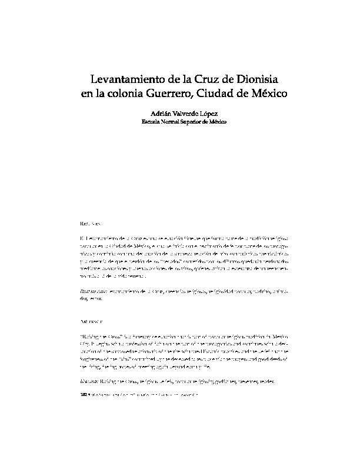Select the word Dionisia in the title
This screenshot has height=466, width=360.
pyautogui.click(x=256, y=78)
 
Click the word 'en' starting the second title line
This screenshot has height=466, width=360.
pyautogui.click(x=86, y=92)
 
